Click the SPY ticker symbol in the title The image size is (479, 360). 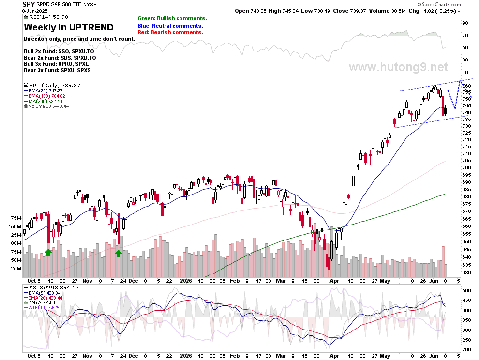point(29,4)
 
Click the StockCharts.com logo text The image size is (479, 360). point(439,4)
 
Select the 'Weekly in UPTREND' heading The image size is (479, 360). point(69,27)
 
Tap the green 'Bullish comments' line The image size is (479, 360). point(172,19)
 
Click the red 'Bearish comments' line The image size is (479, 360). point(170,32)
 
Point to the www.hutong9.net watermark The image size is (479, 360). point(398,67)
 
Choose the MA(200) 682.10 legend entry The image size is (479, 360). point(43,101)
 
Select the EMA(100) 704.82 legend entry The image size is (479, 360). point(45,96)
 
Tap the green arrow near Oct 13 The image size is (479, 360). point(48,253)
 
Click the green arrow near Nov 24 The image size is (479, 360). point(119,253)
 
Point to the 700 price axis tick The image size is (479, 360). point(466,167)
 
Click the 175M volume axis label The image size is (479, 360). point(15,218)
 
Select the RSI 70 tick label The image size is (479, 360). point(465,36)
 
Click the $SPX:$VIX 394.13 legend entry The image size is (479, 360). point(51,287)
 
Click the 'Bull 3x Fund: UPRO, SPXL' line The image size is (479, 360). point(56,64)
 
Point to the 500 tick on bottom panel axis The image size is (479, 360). point(466,290)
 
